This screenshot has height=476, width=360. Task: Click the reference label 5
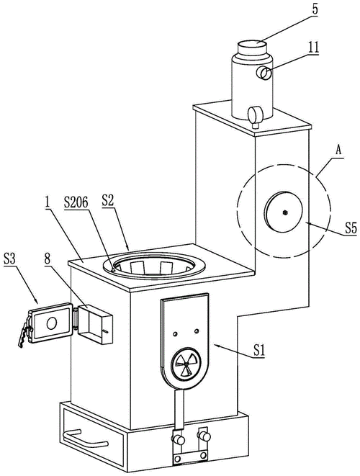[315, 9]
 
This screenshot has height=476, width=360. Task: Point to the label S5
[350, 228]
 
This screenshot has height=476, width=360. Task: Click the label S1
[258, 351]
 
